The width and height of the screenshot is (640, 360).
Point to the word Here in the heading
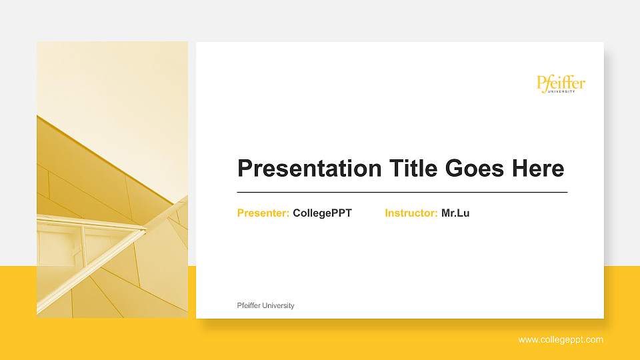(537, 169)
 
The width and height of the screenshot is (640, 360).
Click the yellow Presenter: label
(263, 213)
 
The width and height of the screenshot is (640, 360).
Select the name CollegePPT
(322, 213)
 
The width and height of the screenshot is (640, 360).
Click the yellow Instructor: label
(411, 213)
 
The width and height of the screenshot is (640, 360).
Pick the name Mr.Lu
(455, 213)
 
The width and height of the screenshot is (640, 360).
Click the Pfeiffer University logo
(561, 84)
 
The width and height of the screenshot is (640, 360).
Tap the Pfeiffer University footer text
(265, 305)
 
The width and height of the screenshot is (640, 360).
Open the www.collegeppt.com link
(561, 340)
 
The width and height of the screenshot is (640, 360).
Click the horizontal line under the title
(402, 192)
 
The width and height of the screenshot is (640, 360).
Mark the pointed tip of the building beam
(145, 231)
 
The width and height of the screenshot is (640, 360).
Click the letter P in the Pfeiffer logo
(541, 83)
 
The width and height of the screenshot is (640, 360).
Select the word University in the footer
(279, 305)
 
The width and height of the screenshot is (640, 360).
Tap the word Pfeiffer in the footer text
(249, 305)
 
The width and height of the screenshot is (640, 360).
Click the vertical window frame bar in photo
(83, 243)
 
